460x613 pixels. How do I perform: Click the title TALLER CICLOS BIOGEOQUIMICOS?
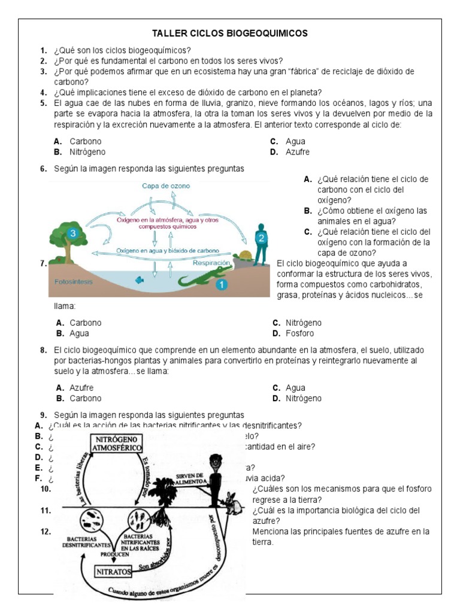[x=230, y=34]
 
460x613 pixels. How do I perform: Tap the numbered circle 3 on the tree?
[x=73, y=233]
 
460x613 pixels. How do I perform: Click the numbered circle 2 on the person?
[x=261, y=238]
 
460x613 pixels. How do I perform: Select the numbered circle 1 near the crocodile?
[x=222, y=285]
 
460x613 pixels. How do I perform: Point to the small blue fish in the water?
[x=139, y=279]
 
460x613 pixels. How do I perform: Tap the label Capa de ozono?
[x=166, y=186]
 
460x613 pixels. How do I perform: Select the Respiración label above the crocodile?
[x=211, y=262]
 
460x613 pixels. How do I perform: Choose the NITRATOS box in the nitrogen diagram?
[x=113, y=572]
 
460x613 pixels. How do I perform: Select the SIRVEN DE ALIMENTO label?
[x=191, y=478]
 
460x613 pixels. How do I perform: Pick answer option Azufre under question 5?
[x=298, y=152]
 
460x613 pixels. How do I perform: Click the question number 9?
[x=44, y=415]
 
